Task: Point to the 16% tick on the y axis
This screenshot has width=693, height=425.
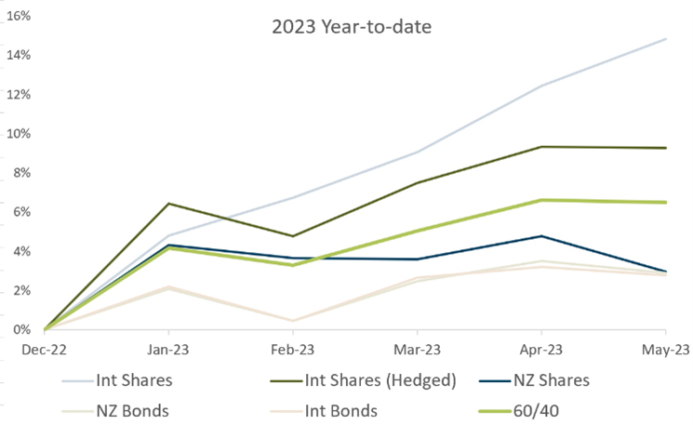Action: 20,16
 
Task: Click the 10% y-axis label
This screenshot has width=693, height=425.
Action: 20,133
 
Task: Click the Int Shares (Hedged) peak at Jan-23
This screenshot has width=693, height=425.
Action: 168,204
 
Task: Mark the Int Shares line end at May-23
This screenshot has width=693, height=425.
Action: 665,39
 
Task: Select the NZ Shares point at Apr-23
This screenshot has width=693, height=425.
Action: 541,236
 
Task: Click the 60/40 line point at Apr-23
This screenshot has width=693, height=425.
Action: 541,200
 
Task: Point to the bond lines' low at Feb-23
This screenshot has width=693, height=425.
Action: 292,321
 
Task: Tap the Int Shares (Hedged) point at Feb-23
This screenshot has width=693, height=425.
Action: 292,236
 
